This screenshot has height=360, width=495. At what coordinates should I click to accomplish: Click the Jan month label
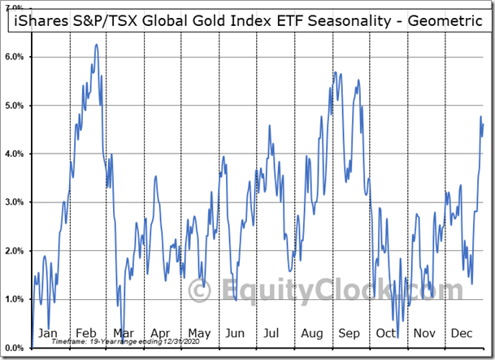click(48, 333)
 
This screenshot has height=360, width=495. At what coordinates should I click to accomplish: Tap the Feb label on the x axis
click(86, 333)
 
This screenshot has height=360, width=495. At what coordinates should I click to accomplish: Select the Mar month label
click(124, 333)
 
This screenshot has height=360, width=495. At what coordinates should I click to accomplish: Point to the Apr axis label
click(161, 333)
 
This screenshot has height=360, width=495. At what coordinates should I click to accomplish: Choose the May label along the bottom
click(199, 333)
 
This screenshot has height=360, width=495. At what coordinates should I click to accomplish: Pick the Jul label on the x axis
click(272, 333)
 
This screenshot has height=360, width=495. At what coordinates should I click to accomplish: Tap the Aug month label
click(311, 333)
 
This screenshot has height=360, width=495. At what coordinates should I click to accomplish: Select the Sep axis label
click(349, 333)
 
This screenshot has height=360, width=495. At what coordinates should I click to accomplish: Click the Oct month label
click(386, 333)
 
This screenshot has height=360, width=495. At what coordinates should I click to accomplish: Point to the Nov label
click(424, 333)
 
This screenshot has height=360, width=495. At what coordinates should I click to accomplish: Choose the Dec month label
click(462, 333)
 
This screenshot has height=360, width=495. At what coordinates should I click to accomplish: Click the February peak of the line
click(97, 45)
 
